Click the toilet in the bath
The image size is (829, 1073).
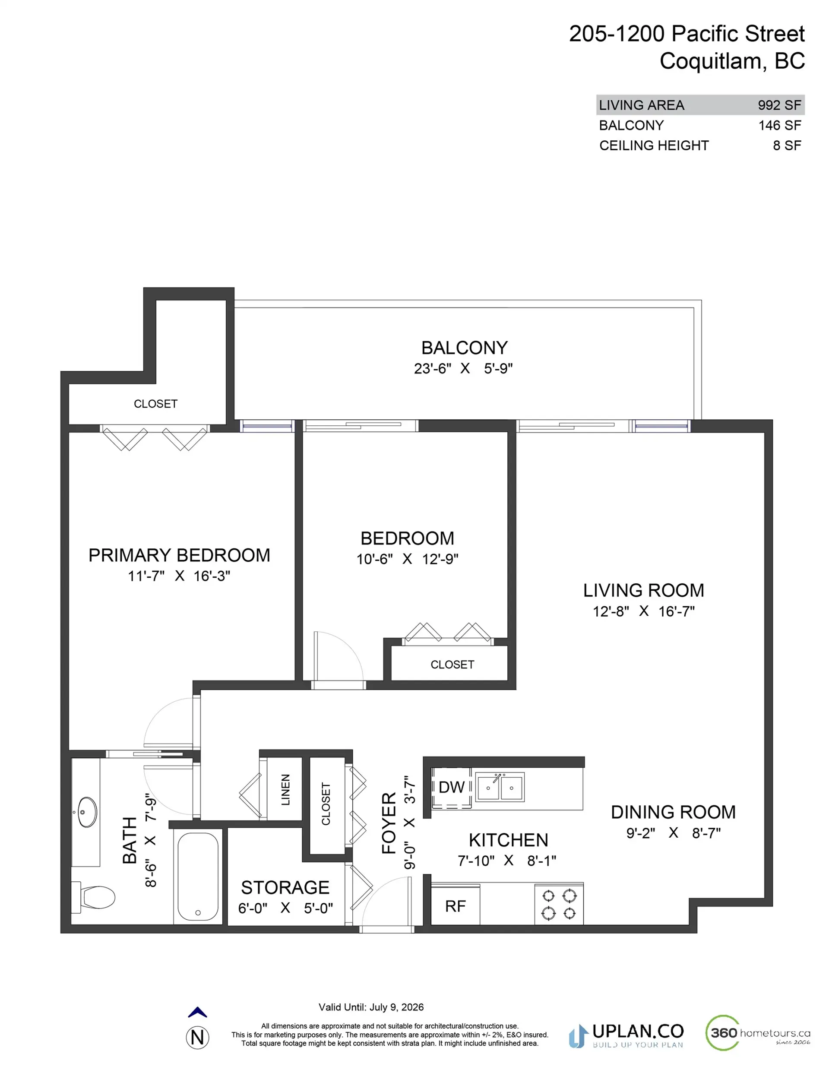(96, 898)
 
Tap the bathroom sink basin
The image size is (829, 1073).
(88, 812)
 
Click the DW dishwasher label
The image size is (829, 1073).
(451, 788)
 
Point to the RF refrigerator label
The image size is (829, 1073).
(455, 906)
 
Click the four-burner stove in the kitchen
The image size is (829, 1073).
(559, 904)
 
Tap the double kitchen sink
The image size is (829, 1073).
(500, 787)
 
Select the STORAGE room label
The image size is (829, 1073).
(285, 887)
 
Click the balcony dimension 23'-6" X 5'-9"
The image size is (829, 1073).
(463, 368)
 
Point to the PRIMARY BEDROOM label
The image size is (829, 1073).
(179, 555)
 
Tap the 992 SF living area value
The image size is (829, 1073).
(779, 105)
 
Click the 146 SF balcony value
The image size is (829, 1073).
(779, 125)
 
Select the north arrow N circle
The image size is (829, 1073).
(198, 1038)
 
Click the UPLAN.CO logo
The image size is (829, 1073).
(626, 1036)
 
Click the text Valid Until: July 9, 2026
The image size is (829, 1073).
(371, 1007)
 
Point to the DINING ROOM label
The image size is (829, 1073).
(673, 812)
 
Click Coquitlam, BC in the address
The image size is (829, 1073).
(732, 61)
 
